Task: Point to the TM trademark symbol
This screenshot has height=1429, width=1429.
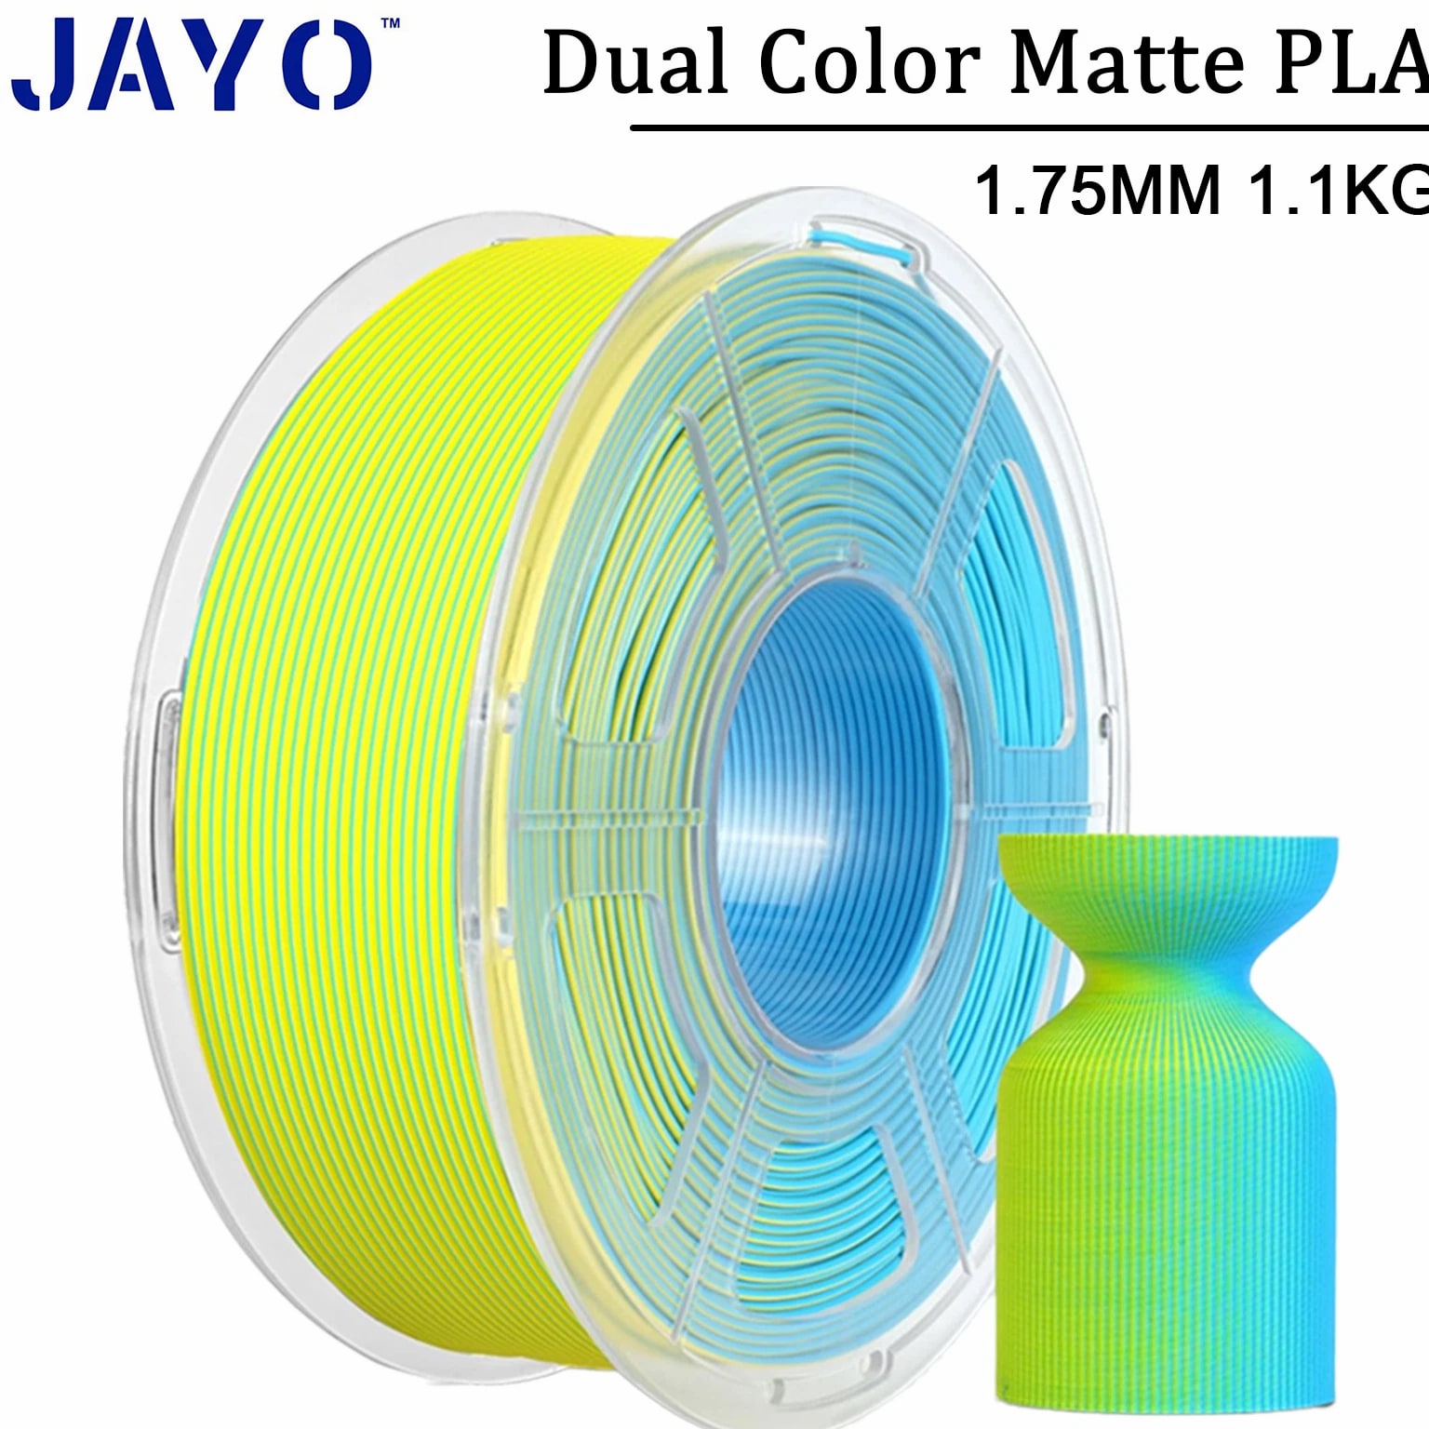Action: click(x=391, y=22)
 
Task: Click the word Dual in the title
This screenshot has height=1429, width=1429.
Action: click(x=635, y=63)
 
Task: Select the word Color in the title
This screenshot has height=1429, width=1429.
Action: click(x=870, y=63)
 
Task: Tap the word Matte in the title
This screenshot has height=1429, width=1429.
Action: click(x=1127, y=63)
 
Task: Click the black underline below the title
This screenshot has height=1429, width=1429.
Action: click(x=1030, y=127)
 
